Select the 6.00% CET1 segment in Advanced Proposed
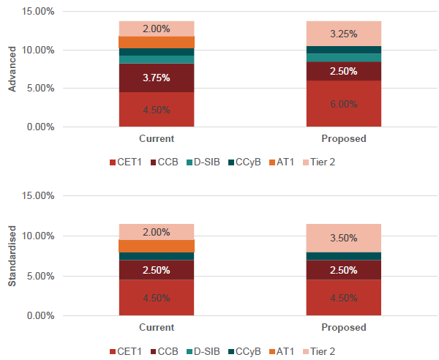343,104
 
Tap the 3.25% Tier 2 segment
343,34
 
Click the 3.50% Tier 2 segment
343,238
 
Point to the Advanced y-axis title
12,70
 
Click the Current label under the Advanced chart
157,138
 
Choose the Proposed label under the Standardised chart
343,328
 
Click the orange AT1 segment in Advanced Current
157,42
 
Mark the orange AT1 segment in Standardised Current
157,246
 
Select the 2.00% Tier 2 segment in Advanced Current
157,29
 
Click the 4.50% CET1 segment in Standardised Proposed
343,298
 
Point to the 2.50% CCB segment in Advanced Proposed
343,71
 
